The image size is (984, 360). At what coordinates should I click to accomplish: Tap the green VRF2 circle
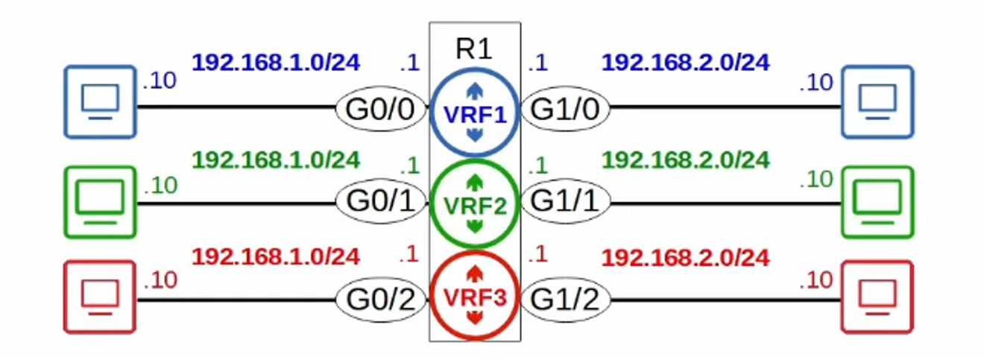(475, 204)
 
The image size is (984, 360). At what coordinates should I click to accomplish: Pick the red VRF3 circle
(475, 297)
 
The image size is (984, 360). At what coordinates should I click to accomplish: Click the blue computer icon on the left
(100, 101)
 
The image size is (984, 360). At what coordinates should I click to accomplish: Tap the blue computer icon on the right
(877, 101)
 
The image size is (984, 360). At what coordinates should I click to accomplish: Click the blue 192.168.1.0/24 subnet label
(276, 62)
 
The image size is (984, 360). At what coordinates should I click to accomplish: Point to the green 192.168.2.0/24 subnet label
(685, 160)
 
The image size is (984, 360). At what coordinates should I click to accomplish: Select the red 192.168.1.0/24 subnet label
(276, 257)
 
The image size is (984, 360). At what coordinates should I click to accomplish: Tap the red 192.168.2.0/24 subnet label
(685, 258)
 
